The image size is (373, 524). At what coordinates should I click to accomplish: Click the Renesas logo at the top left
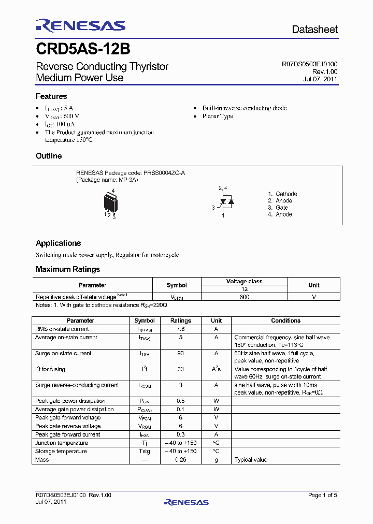80,25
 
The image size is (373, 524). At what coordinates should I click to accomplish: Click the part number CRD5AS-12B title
83,49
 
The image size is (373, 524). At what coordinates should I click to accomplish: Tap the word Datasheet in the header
314,30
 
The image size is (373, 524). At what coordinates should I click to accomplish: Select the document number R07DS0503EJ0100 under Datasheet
309,64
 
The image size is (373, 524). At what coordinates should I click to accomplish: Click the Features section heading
51,96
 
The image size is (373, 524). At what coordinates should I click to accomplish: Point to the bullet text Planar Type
218,117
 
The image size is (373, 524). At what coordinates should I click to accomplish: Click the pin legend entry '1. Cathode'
282,194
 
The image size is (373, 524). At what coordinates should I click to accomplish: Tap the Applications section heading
58,243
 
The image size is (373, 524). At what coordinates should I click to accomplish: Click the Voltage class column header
244,281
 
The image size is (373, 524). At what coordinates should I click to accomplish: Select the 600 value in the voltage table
244,297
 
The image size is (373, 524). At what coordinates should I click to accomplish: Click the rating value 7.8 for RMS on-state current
180,329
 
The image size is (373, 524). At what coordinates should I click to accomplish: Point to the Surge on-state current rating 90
180,353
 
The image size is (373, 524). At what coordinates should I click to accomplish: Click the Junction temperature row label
61,443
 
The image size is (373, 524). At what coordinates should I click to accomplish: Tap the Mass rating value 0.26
180,460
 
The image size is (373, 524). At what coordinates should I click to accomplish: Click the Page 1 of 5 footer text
322,495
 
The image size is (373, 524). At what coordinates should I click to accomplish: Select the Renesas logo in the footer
186,502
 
